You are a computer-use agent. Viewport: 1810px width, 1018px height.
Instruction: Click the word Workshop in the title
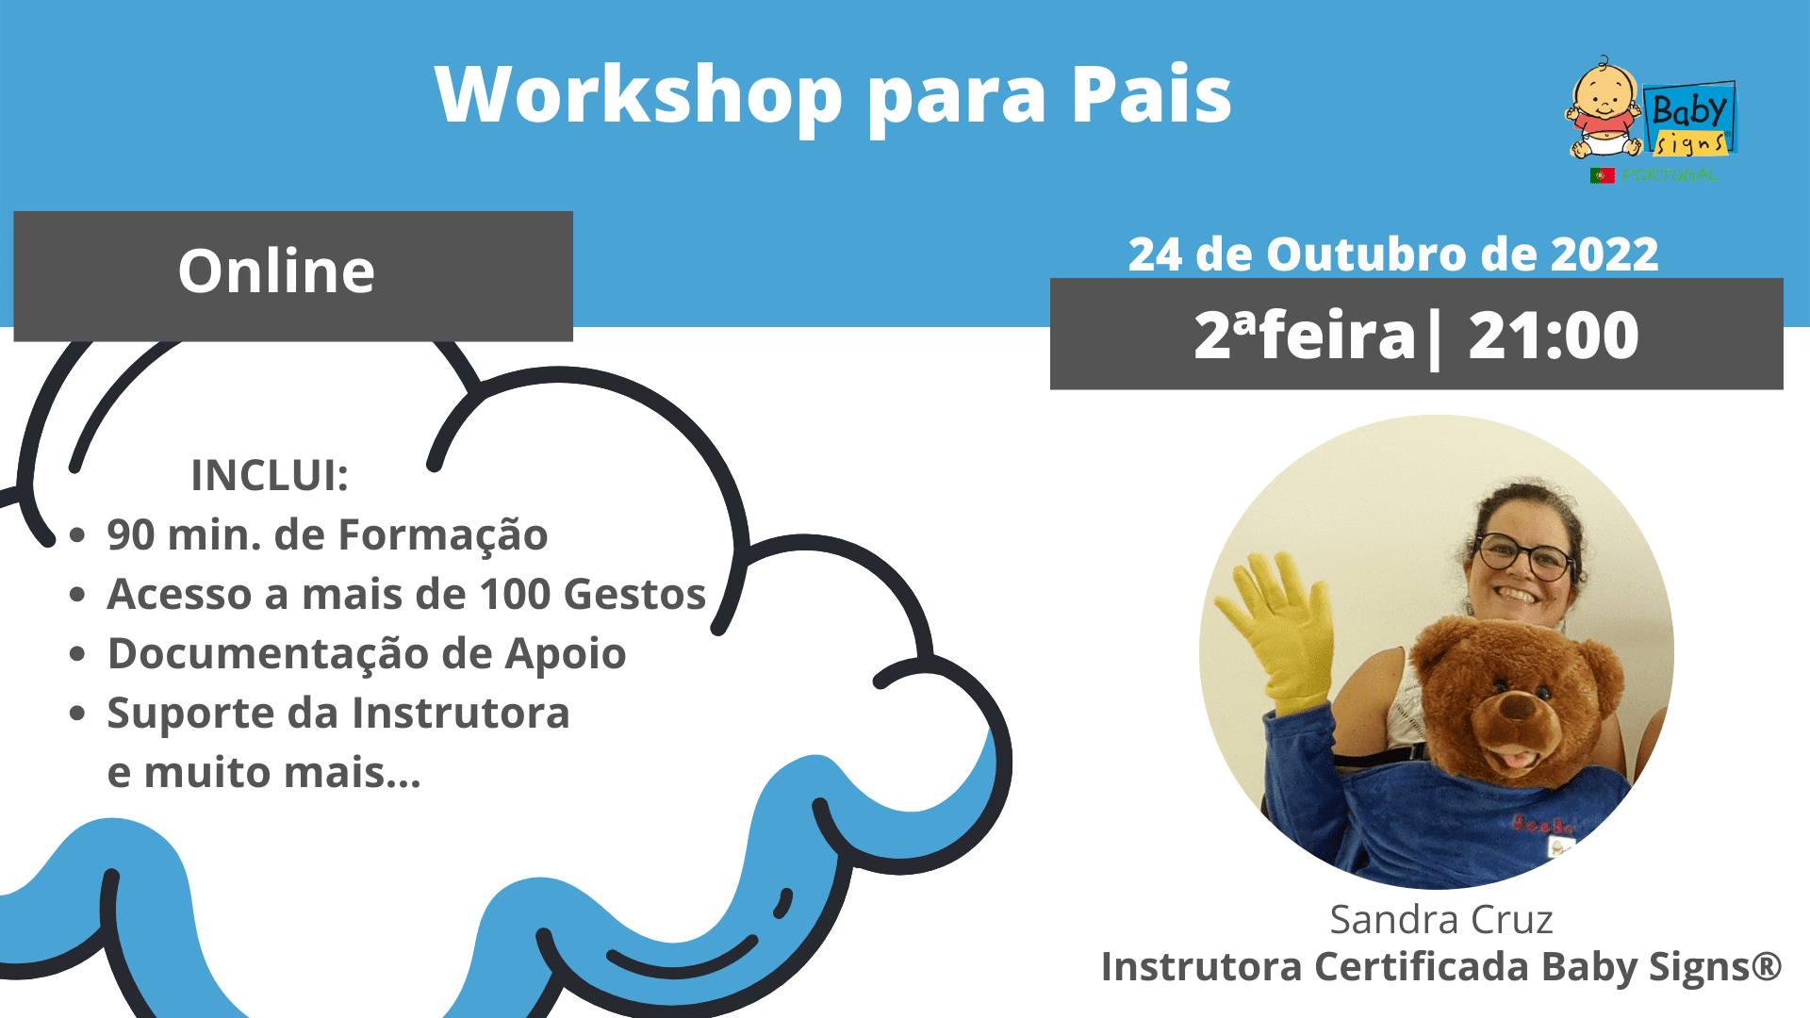[639, 94]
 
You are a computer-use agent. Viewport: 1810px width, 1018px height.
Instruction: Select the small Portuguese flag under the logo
[1603, 175]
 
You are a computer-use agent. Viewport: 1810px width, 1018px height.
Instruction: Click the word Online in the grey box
[276, 271]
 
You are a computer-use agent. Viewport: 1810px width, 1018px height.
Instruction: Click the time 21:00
[1554, 336]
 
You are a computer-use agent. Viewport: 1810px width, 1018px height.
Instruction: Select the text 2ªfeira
[1305, 336]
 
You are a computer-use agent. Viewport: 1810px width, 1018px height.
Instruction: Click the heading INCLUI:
[270, 475]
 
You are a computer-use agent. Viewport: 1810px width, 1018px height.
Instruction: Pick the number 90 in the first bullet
[131, 534]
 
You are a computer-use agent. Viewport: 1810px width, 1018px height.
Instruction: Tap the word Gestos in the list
[634, 594]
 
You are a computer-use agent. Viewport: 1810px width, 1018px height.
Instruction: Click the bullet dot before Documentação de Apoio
[78, 654]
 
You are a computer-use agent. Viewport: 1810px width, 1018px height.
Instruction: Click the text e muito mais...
[264, 773]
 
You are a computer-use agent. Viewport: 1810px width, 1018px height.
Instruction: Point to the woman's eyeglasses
[1524, 556]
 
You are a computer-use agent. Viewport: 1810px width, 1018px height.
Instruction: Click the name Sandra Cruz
[1440, 920]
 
